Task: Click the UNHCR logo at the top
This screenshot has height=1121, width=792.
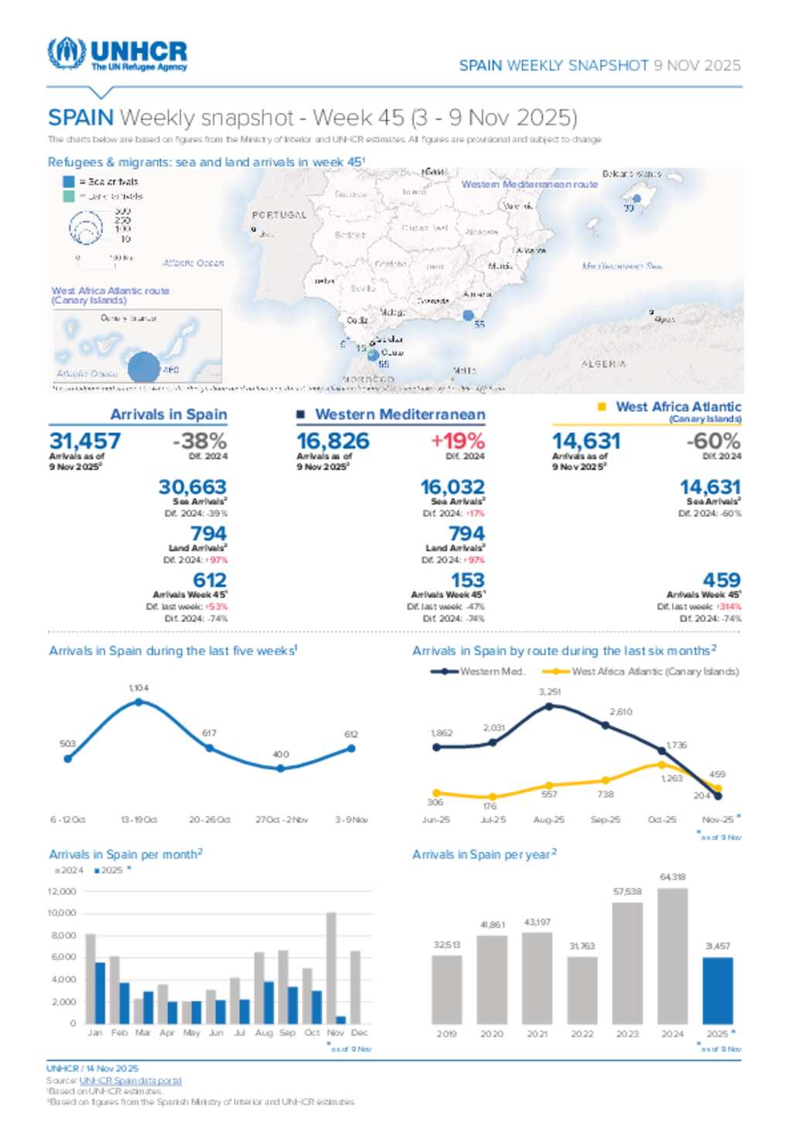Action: (118, 54)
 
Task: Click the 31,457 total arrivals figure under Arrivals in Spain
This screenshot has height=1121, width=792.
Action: (85, 441)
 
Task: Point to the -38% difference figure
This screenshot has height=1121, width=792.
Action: (200, 441)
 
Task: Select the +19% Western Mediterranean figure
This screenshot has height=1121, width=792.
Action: (458, 441)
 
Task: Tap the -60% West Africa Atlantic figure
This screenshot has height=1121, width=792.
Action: (713, 441)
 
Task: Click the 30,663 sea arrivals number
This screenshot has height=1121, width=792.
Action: (193, 487)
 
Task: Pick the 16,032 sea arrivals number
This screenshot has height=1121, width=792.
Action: (452, 487)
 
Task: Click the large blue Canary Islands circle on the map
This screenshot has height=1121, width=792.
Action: (144, 366)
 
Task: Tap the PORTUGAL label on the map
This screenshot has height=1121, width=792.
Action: (279, 215)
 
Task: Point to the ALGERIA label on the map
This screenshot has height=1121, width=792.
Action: (603, 364)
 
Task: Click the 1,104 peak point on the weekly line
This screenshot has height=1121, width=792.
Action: (138, 702)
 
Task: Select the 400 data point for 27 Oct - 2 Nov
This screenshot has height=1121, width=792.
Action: (281, 768)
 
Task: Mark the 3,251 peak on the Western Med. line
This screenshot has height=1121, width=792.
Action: (549, 706)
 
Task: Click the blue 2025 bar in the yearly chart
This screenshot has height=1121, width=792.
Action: (718, 990)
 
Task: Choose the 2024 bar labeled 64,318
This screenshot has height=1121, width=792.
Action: (672, 956)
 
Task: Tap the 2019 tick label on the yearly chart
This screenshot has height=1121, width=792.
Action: (446, 1034)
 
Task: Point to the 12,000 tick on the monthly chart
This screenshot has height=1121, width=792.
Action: (62, 891)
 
